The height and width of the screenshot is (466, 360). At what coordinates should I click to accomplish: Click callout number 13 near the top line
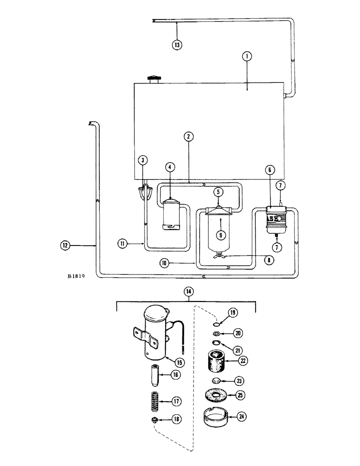177,45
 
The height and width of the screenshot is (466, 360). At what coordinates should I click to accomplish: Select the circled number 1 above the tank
247,56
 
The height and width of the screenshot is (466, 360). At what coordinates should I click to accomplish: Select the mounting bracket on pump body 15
137,334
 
